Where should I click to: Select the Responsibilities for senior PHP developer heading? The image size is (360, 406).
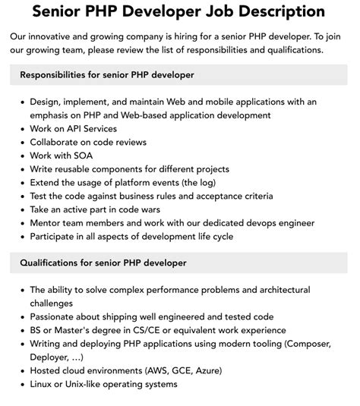[107, 74]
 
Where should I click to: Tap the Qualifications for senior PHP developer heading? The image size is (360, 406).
[103, 263]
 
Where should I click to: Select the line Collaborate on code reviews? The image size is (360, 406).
[88, 142]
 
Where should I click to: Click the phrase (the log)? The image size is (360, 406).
[195, 182]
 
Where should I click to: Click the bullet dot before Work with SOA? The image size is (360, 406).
[23, 156]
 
